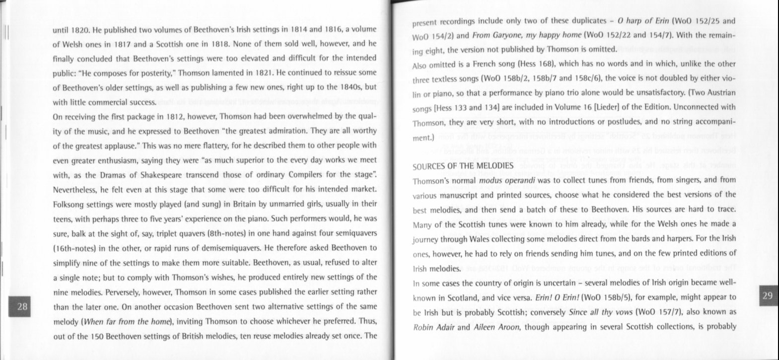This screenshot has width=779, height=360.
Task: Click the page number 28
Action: [x=22, y=306]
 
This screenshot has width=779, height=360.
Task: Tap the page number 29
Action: [x=767, y=296]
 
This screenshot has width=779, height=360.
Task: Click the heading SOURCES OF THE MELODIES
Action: [x=463, y=165]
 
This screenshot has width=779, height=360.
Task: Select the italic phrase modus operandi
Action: [x=500, y=180]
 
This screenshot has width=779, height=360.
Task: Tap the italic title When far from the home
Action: [x=127, y=321]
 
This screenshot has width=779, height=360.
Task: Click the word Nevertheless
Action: [x=77, y=190]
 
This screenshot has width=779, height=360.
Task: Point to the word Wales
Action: [x=481, y=239]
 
